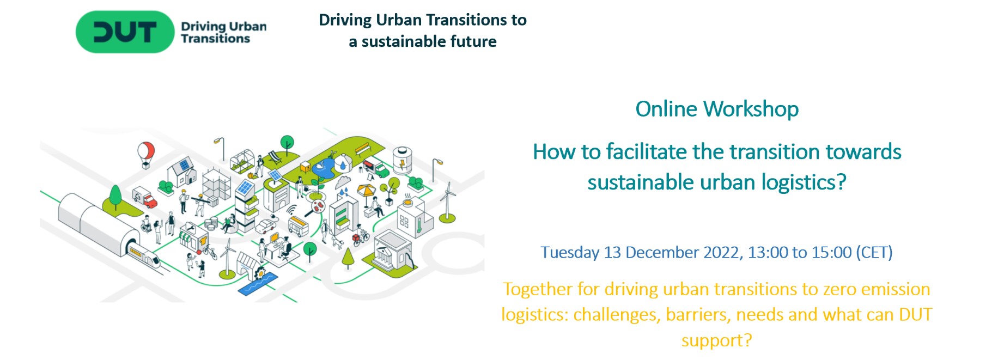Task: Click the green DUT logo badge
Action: click(x=125, y=32)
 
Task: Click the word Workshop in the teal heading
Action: click(x=751, y=109)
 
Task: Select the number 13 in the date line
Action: click(x=612, y=253)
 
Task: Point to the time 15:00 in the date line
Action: click(x=831, y=253)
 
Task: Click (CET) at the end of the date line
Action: click(x=874, y=253)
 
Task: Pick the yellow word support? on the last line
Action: click(x=716, y=341)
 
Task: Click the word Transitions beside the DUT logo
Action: click(x=216, y=39)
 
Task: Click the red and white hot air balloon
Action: click(x=145, y=153)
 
